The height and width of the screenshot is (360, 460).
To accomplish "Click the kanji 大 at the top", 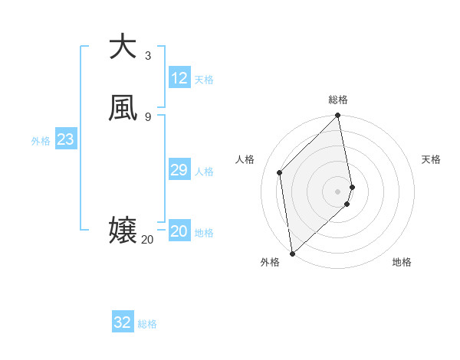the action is click(x=123, y=46).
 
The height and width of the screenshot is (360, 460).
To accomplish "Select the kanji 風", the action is click(x=123, y=108).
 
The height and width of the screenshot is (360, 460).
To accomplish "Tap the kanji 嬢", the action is click(x=123, y=230).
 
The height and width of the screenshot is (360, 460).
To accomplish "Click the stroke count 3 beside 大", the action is click(x=148, y=55).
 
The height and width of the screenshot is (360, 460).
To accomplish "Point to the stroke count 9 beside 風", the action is click(x=148, y=116).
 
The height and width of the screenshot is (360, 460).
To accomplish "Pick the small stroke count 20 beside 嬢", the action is click(x=147, y=240).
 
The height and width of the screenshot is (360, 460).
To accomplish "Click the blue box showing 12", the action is click(x=179, y=78).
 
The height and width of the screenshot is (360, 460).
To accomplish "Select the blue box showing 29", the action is click(x=179, y=170).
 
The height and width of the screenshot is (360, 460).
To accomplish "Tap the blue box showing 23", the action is click(x=66, y=139).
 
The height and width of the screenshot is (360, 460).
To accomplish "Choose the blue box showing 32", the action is click(x=123, y=322).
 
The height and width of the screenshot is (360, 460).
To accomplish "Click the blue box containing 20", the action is click(x=179, y=231).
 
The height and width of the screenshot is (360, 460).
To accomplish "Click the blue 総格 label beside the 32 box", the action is click(x=147, y=324).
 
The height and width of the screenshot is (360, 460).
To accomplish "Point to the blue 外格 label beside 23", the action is click(x=41, y=141).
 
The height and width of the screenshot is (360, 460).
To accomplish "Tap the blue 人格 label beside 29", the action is click(x=205, y=172).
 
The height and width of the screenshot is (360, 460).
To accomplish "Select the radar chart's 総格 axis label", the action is click(x=338, y=100).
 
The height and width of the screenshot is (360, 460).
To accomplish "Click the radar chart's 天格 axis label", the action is click(x=431, y=159).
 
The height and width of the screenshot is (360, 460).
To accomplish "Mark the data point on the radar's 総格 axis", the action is click(x=338, y=116).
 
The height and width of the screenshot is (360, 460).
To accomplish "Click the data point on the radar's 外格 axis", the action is click(x=292, y=253).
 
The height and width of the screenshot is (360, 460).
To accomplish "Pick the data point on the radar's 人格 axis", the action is click(x=280, y=172).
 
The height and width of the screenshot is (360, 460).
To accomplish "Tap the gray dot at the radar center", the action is click(x=338, y=191).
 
